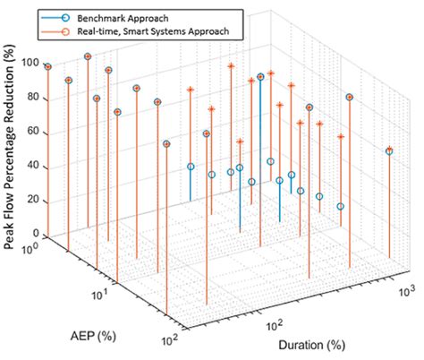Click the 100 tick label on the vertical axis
[x=33, y=63]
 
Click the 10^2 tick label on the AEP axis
[x=167, y=339]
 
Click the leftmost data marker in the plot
[x=48, y=67]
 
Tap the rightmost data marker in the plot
[x=389, y=151]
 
